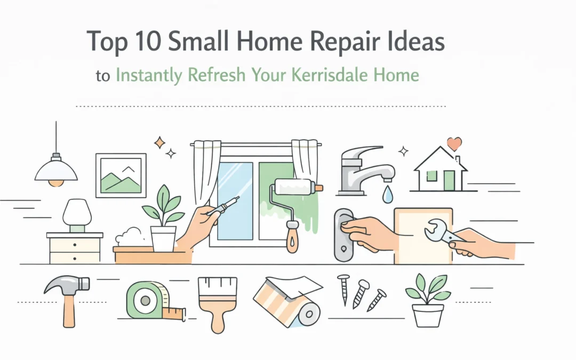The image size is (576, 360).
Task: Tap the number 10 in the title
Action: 146,42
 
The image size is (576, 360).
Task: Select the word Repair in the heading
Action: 327,42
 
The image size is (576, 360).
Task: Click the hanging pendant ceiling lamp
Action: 56,170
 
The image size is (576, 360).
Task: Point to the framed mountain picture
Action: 121,175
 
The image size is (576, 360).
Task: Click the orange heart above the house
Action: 454,143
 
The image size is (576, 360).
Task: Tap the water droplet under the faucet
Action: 388,195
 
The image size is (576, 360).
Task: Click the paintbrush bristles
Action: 217,291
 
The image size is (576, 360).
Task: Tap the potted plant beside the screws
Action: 428,301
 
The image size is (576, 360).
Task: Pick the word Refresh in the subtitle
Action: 215,75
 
